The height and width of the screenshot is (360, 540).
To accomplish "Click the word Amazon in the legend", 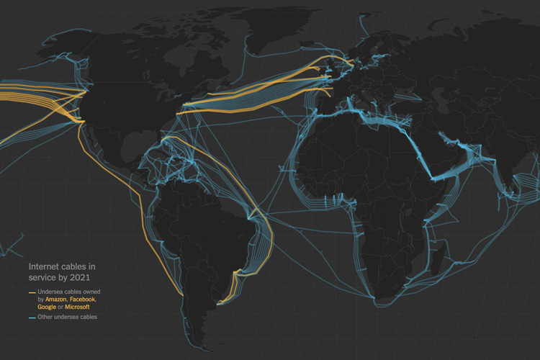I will (55, 299).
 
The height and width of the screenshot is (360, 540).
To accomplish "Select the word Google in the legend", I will (47, 307).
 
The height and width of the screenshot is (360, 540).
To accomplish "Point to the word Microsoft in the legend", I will (77, 307).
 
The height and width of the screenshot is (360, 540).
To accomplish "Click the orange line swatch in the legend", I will (32, 292).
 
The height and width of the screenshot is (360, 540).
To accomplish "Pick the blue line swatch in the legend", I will (32, 317).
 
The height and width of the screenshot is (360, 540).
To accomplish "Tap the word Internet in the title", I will (44, 265).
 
